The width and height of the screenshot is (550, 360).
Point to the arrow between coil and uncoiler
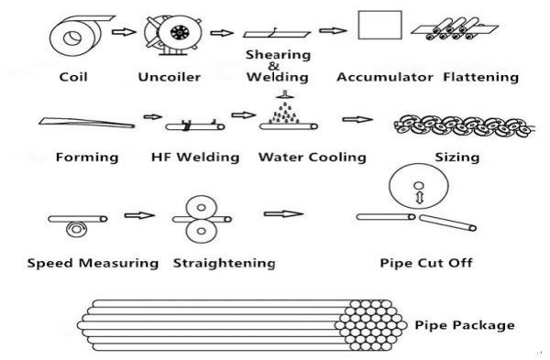(x=121, y=34)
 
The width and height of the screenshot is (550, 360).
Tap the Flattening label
(x=480, y=77)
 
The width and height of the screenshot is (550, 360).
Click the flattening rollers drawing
(x=450, y=33)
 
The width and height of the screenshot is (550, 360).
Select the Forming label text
(x=87, y=157)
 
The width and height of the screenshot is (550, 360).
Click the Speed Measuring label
(x=93, y=264)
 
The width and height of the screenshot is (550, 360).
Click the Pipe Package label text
(x=464, y=324)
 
